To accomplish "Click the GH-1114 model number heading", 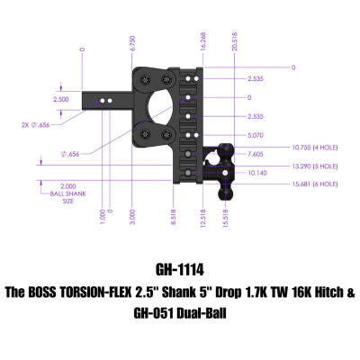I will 180,269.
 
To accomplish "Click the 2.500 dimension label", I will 61,99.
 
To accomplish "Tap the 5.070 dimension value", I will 231,136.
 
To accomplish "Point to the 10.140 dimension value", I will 231,173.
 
